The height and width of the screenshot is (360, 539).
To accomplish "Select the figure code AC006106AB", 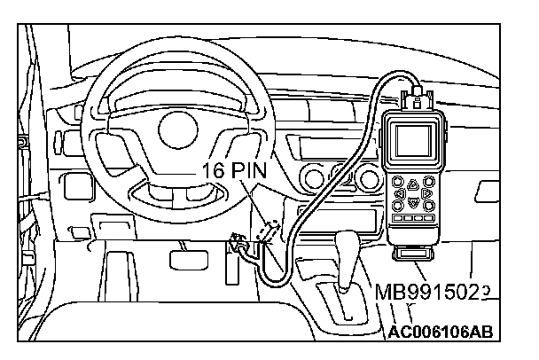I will pos(440,333).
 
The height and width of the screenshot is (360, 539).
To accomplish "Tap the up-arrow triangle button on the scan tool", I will pos(413,180).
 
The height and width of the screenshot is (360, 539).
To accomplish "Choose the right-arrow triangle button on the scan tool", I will pos(428,193).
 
